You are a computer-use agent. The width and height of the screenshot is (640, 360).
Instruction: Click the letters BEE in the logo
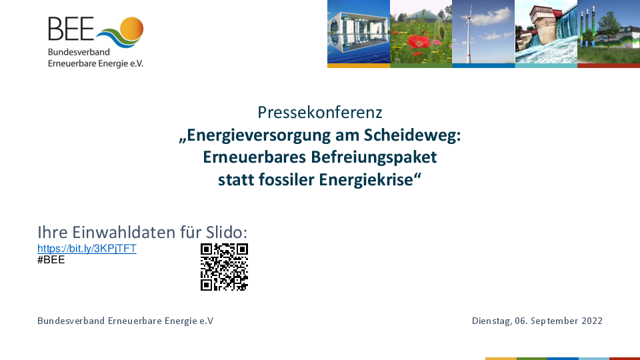[x=71, y=29]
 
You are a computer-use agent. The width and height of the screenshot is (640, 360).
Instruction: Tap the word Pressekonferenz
[x=319, y=112]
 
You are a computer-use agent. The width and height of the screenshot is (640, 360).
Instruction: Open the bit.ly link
[x=87, y=249]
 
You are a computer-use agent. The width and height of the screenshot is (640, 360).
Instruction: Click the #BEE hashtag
[x=51, y=260]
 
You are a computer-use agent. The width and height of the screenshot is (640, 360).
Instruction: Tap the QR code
[x=224, y=267]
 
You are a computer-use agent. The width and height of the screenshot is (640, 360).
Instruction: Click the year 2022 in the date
[x=592, y=321]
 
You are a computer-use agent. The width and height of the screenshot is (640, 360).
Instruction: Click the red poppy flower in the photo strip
[x=419, y=43]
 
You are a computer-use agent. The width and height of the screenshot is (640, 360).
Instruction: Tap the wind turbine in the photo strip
[x=469, y=33]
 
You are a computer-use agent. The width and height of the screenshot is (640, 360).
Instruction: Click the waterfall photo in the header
[x=546, y=32]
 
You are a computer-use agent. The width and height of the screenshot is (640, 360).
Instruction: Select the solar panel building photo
[x=359, y=32]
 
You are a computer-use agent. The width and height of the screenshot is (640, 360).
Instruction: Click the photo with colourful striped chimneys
[x=609, y=32]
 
